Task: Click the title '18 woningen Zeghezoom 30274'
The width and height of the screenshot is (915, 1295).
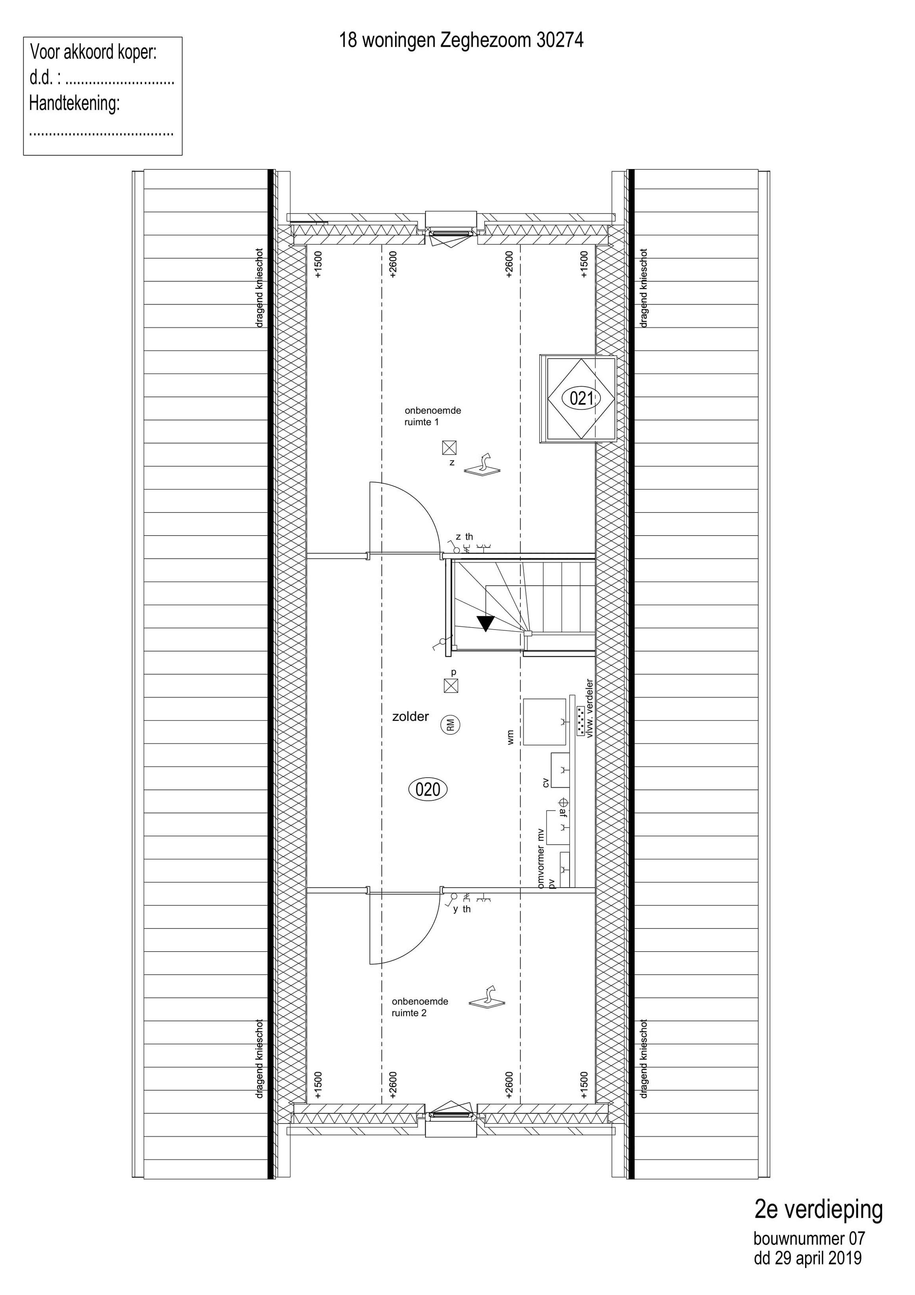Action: [x=461, y=40]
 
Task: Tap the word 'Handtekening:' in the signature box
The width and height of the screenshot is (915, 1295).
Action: [x=75, y=104]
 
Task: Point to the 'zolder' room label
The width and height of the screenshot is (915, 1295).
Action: [x=411, y=717]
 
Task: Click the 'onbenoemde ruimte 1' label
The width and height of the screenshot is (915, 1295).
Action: [x=432, y=416]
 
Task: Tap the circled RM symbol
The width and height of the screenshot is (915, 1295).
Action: [x=451, y=725]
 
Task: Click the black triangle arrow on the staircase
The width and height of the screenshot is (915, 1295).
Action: [x=485, y=623]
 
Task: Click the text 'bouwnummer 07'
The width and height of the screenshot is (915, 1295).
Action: [x=809, y=1239]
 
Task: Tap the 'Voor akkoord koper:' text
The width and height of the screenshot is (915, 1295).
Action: [x=94, y=52]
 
